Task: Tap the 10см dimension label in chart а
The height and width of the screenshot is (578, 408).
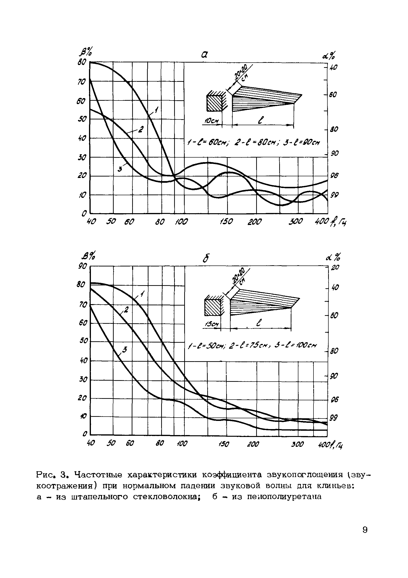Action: tap(211, 121)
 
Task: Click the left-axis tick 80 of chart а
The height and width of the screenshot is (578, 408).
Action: tap(82, 62)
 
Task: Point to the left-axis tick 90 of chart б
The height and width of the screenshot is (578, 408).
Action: tap(83, 266)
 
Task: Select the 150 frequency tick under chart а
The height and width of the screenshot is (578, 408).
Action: tap(226, 222)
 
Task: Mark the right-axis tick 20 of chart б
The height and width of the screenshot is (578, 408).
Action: tap(335, 267)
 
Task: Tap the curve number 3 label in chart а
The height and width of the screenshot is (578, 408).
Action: tap(120, 169)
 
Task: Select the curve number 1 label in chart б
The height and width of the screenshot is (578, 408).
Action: tap(142, 294)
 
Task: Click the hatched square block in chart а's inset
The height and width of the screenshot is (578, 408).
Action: tap(214, 103)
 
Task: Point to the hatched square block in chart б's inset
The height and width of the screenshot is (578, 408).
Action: tap(213, 308)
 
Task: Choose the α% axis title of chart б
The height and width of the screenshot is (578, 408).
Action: tap(333, 257)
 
